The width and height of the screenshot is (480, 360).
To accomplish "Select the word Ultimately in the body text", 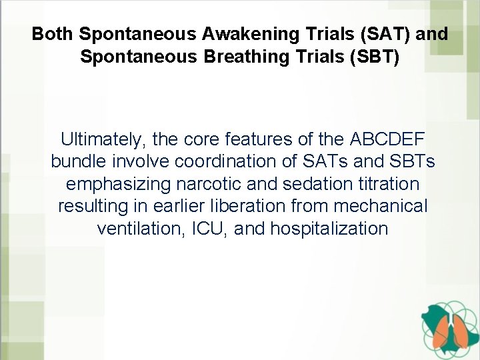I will click(x=103, y=139).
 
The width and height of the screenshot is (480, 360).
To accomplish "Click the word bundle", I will click(x=79, y=162).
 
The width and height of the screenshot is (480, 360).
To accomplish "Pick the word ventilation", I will click(x=141, y=229).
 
